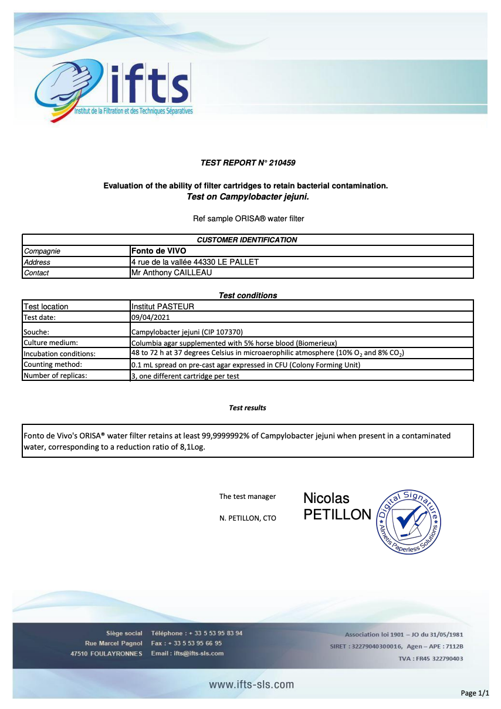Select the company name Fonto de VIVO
tap(158, 251)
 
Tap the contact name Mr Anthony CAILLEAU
tap(171, 272)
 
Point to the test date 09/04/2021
tap(151, 318)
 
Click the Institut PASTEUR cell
tap(163, 306)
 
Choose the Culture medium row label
tap(50, 343)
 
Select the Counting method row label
tap(52, 365)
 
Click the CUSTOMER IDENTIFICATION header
tap(247, 239)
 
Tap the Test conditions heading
tap(248, 295)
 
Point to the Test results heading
tap(247, 407)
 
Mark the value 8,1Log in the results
tap(190, 447)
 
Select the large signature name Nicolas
tap(326, 498)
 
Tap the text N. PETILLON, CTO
tap(247, 518)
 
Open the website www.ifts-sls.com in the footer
tap(251, 684)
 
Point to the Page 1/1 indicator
tap(475, 693)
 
